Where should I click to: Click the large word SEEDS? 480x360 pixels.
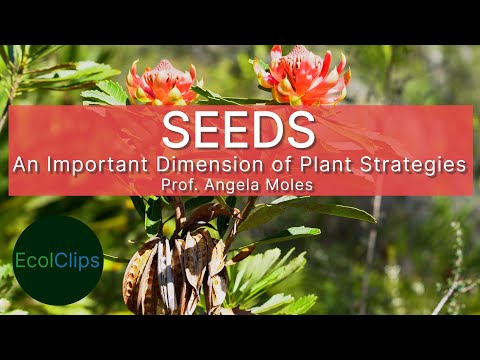point(240,130)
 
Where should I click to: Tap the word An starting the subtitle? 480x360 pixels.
point(25,163)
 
